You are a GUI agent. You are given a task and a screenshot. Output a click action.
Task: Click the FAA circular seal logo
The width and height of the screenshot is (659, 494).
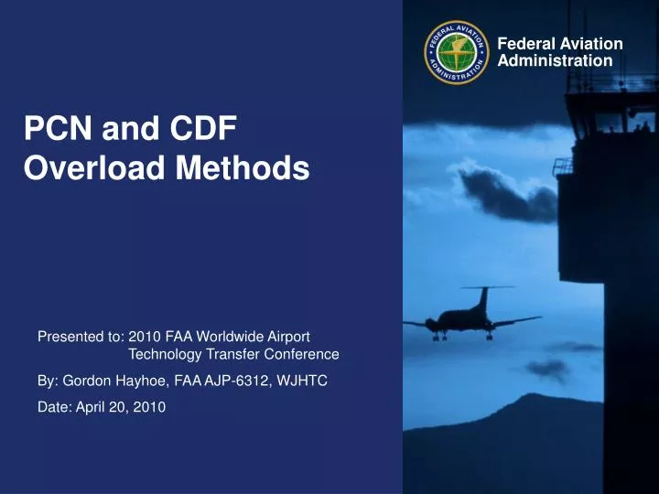457,52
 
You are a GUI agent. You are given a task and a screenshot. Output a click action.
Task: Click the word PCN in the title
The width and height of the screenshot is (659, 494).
58,128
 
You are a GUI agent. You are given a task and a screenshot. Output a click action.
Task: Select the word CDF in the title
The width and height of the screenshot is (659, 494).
203,128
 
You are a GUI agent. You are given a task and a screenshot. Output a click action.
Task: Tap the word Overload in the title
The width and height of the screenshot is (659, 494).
94,167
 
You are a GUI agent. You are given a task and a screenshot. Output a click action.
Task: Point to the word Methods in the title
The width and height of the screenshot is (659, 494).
243,167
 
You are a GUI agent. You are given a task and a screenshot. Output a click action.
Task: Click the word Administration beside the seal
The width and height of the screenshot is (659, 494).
555,60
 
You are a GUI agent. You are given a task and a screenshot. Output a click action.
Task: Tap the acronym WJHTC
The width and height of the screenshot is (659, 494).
302,381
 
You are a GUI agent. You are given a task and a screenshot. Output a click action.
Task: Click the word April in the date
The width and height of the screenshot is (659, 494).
91,407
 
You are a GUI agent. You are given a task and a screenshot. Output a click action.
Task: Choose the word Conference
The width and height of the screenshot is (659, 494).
301,354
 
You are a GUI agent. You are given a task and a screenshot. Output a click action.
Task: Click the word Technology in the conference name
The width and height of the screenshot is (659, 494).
165,355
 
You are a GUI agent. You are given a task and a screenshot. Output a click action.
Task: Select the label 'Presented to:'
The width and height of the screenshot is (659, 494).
81,337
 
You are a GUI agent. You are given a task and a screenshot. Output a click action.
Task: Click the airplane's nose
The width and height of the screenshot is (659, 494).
428,323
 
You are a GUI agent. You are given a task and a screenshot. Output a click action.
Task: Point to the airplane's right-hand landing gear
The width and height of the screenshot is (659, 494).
490,335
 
